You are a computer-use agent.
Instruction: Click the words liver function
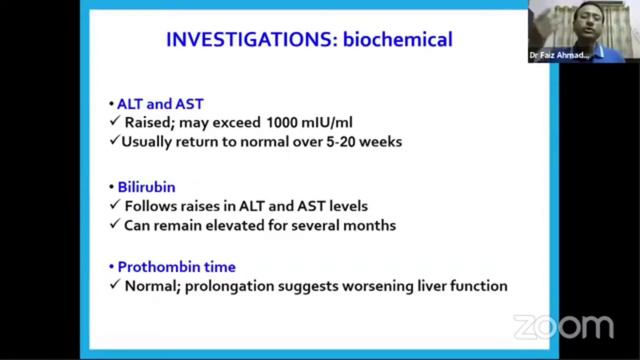[x=463, y=286]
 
